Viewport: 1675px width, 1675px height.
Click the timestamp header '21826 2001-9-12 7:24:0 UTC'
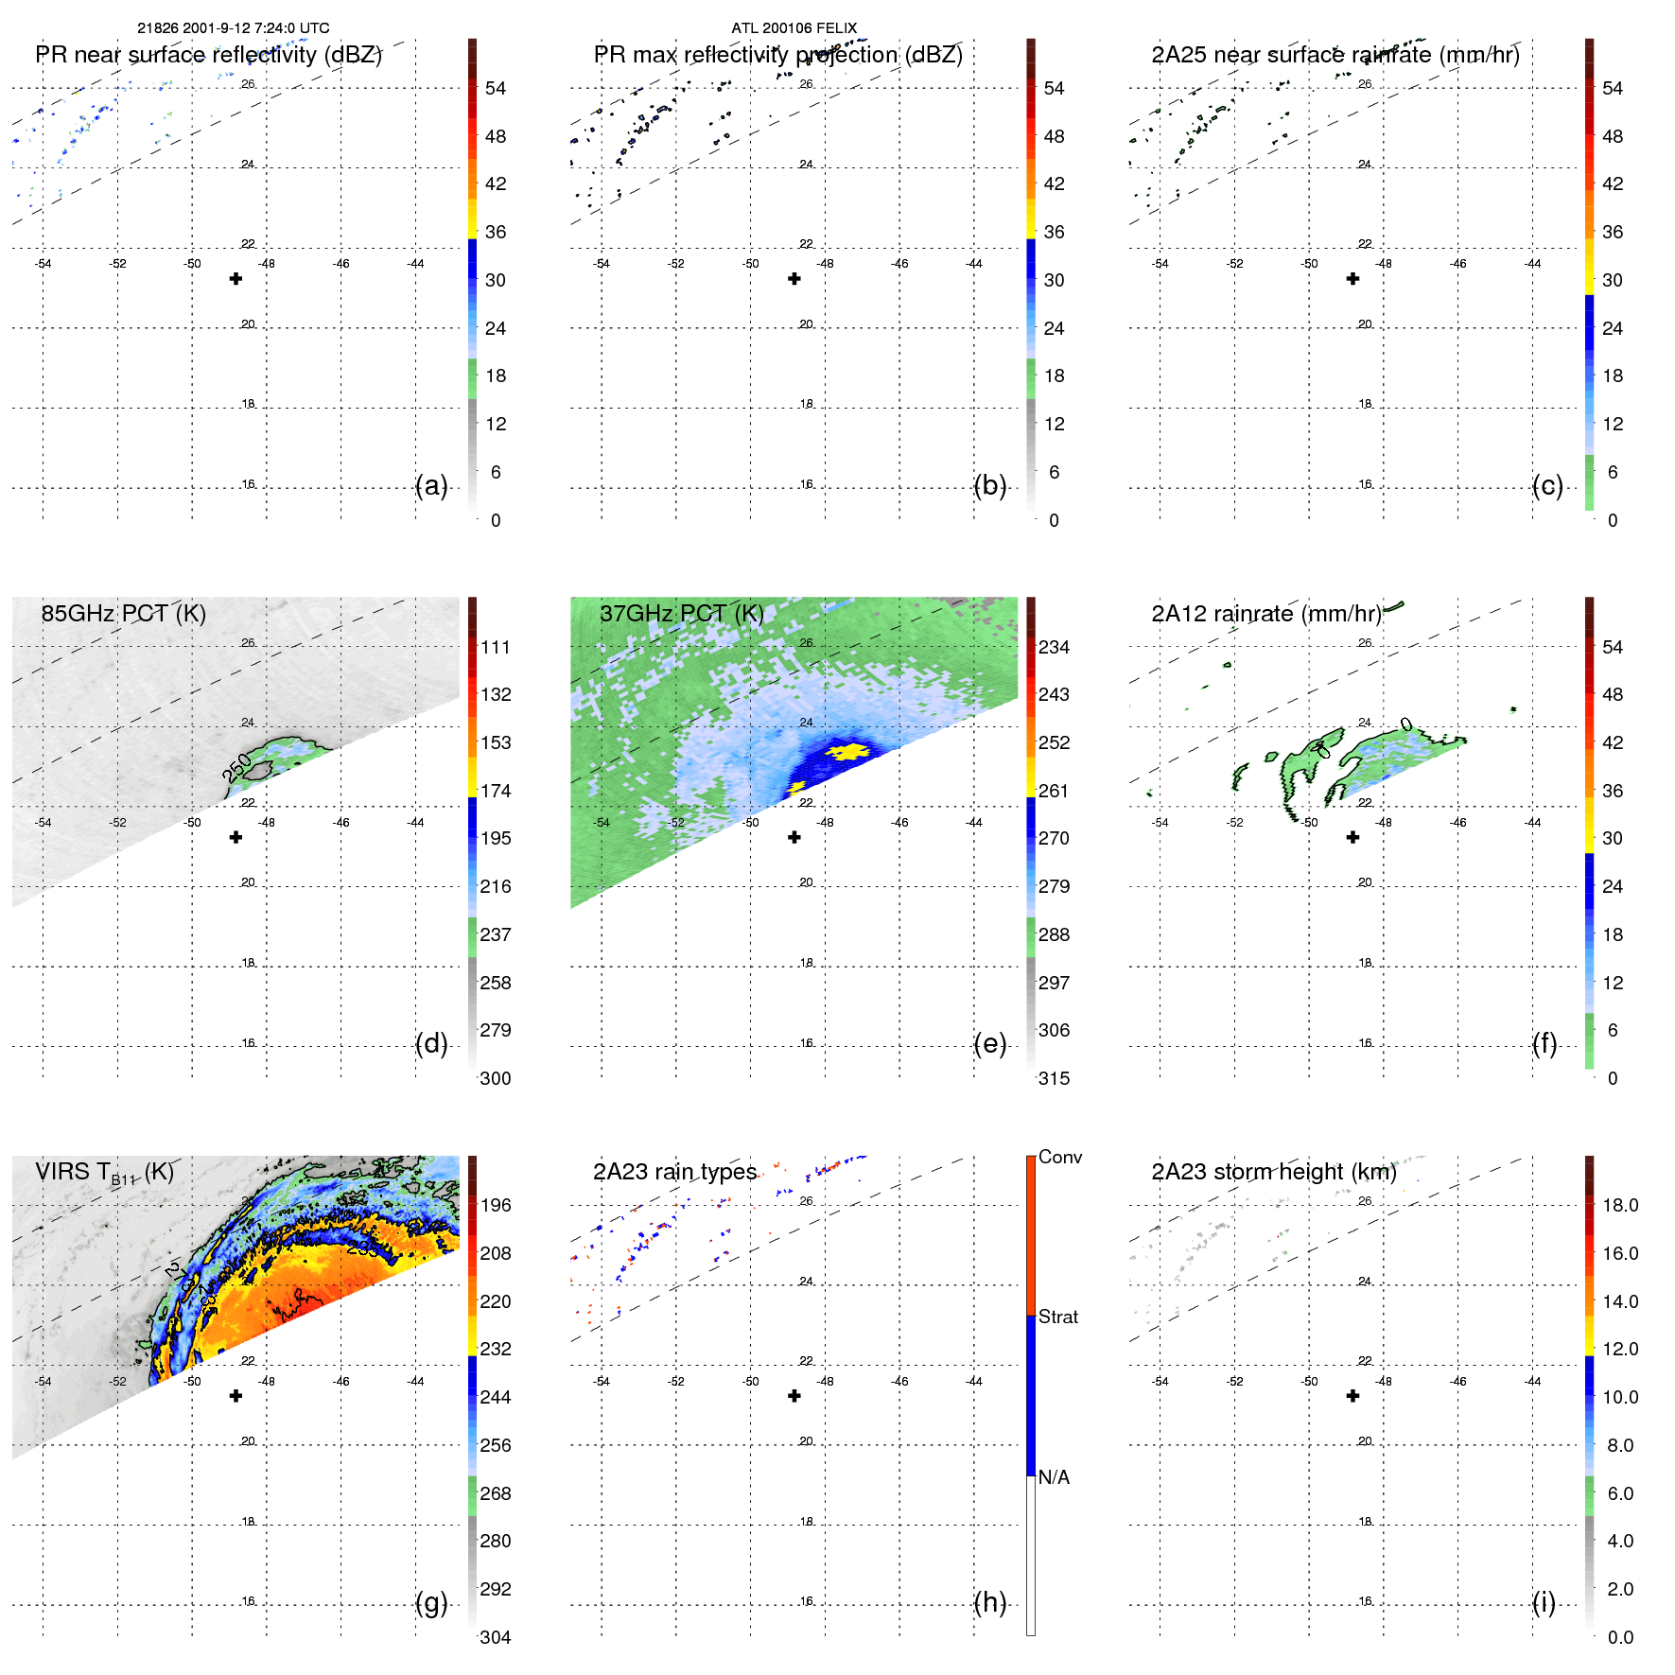tap(233, 28)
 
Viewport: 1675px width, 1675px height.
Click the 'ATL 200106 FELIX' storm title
tap(794, 28)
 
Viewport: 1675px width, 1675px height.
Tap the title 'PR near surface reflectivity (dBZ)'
tap(208, 55)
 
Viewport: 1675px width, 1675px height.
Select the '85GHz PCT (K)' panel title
tap(123, 614)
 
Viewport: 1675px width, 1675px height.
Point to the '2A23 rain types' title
tap(674, 1172)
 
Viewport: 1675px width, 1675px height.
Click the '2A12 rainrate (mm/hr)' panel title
tap(1265, 614)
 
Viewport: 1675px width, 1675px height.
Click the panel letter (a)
tap(431, 486)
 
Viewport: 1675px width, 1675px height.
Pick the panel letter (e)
tap(989, 1044)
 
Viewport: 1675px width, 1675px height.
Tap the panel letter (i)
tap(1544, 1602)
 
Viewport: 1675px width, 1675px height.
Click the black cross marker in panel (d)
tap(236, 837)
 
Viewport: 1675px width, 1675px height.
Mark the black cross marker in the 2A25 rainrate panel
tap(1352, 279)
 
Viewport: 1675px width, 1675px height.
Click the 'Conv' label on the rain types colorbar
tap(1059, 1158)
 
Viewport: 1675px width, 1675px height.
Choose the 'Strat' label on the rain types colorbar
tap(1058, 1317)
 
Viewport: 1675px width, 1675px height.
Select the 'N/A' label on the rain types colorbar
tap(1054, 1477)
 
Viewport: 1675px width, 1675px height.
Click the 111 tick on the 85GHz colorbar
tap(495, 648)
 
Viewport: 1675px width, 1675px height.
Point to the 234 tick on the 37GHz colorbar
tap(1054, 648)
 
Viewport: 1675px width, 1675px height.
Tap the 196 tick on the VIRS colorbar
tap(495, 1206)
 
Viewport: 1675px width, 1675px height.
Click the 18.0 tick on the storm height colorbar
tap(1619, 1206)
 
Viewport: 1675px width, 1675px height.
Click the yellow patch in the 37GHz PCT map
tap(846, 751)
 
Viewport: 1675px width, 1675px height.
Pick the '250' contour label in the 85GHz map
tap(237, 767)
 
